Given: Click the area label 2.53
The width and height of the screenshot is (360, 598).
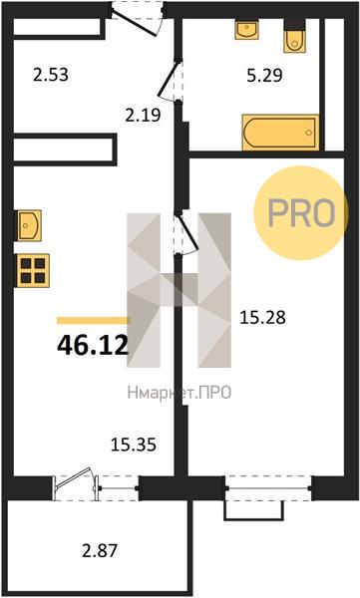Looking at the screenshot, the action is click(x=51, y=75).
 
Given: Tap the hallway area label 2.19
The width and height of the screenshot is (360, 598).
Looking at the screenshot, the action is click(x=144, y=115).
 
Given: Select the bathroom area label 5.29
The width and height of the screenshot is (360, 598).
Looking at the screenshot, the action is click(x=264, y=75).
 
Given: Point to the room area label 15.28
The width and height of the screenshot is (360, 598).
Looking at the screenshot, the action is click(x=262, y=317).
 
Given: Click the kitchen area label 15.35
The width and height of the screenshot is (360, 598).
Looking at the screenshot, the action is click(x=134, y=445).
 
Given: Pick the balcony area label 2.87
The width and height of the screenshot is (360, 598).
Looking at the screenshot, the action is click(x=100, y=551).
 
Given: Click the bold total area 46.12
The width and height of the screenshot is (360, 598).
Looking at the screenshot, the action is click(x=93, y=346).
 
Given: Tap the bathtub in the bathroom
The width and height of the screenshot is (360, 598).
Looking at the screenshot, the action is click(x=280, y=133).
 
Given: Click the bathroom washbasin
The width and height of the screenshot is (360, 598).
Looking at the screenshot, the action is click(x=247, y=30).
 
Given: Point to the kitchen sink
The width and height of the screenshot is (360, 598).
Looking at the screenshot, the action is click(x=28, y=225).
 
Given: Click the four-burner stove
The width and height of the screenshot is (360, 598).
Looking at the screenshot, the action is click(x=32, y=270).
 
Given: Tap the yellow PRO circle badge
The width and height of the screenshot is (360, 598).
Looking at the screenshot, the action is click(x=301, y=213).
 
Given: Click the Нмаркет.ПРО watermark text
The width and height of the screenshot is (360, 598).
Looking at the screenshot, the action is click(x=180, y=393).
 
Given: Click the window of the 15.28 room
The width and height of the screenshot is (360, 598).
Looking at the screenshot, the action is click(x=268, y=488).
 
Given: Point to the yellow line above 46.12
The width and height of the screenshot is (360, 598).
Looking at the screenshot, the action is click(x=93, y=321).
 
